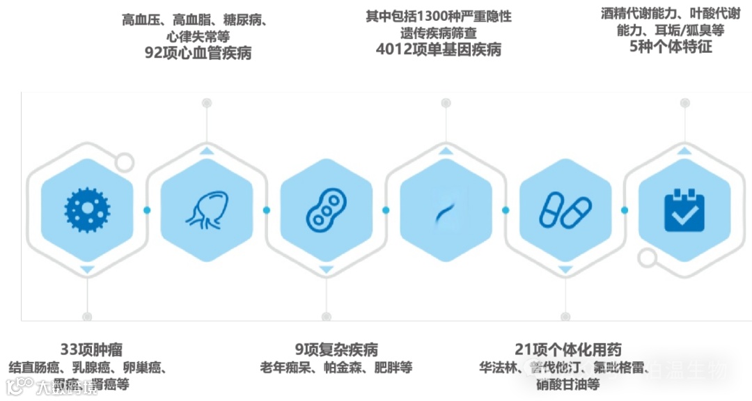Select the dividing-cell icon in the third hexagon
click(x=326, y=210)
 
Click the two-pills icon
click(x=565, y=210)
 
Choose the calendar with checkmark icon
click(x=684, y=210)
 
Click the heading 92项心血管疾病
click(x=198, y=54)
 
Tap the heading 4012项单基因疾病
click(x=438, y=49)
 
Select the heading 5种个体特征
click(x=671, y=47)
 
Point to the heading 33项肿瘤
click(x=91, y=349)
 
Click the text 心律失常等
click(x=198, y=36)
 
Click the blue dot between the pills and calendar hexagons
click(x=625, y=210)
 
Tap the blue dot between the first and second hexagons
click(x=147, y=210)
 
